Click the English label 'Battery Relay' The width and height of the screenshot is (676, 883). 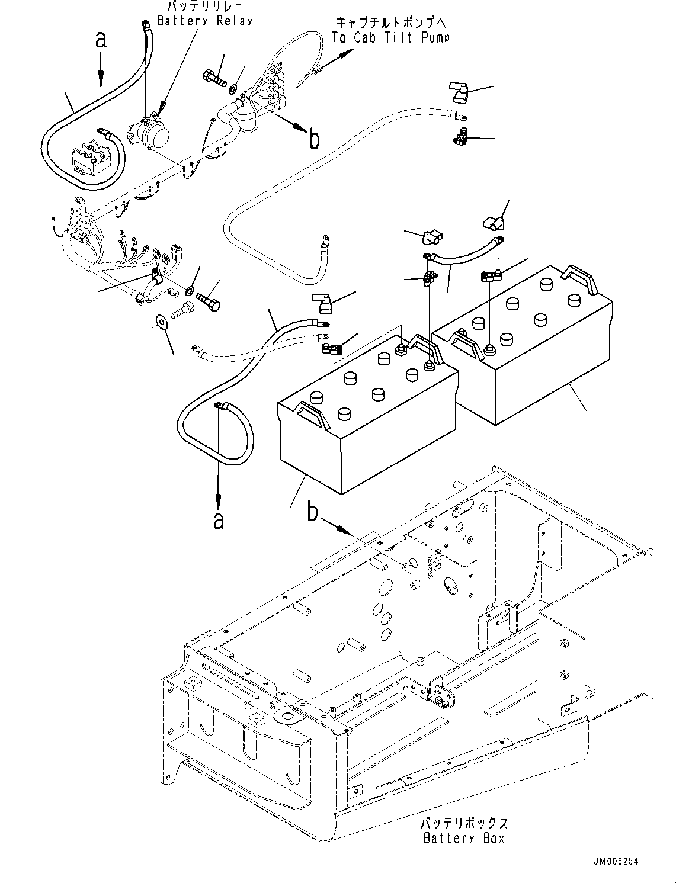coord(204,21)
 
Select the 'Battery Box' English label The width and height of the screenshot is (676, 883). coord(465,838)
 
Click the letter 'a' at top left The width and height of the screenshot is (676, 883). coord(101,40)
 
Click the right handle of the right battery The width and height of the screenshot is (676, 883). coord(580,278)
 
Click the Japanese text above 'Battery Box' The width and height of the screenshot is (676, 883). coord(464,824)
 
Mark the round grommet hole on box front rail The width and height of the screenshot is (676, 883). coord(289,718)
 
